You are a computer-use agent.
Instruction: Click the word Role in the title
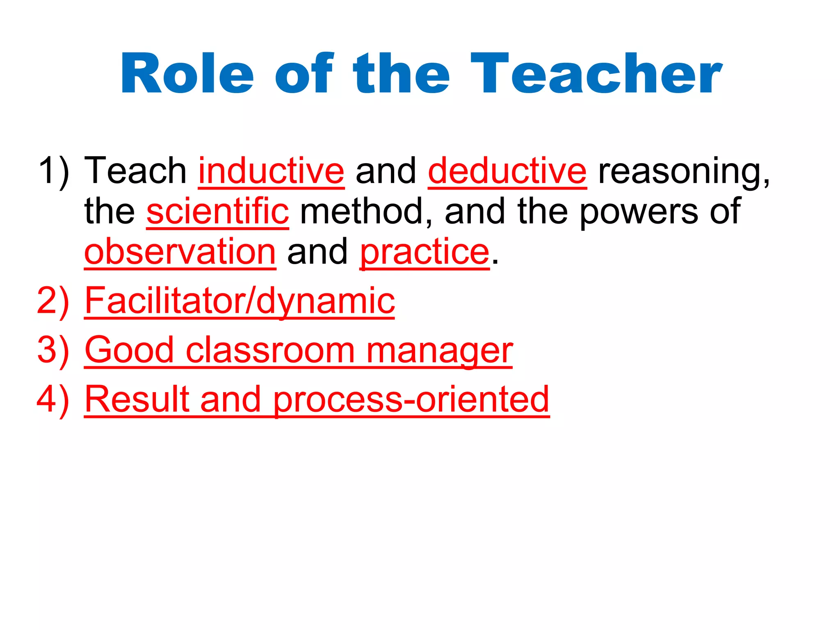(x=187, y=74)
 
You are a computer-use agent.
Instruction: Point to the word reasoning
(x=684, y=171)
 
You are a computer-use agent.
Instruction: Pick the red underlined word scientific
(x=217, y=211)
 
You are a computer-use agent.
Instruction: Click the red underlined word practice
(x=425, y=252)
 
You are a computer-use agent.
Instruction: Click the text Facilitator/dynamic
(x=240, y=301)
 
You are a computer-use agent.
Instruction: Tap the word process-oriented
(x=411, y=399)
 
